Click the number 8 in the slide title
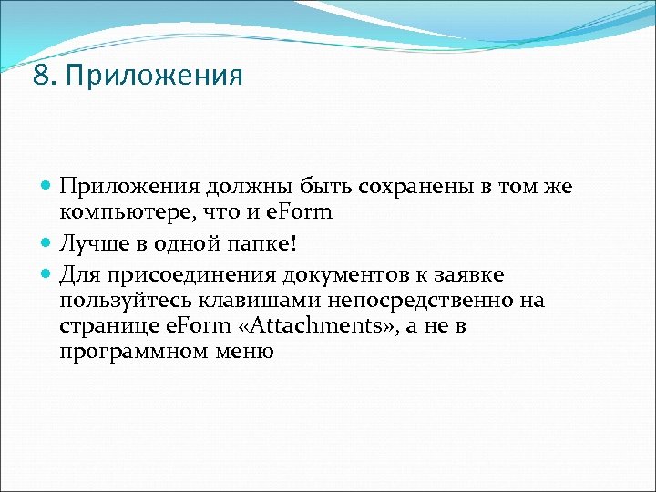click(39, 76)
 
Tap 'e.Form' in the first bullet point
click(302, 212)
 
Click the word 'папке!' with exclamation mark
click(272, 245)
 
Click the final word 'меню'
click(244, 351)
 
